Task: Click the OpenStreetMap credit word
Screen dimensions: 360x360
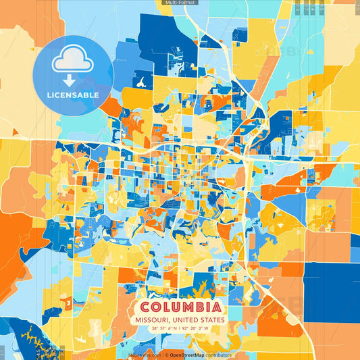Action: click(186, 354)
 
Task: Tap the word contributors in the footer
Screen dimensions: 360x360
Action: click(217, 354)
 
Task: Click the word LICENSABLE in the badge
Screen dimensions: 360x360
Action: click(73, 94)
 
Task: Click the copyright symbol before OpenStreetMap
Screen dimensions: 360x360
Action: click(165, 354)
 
